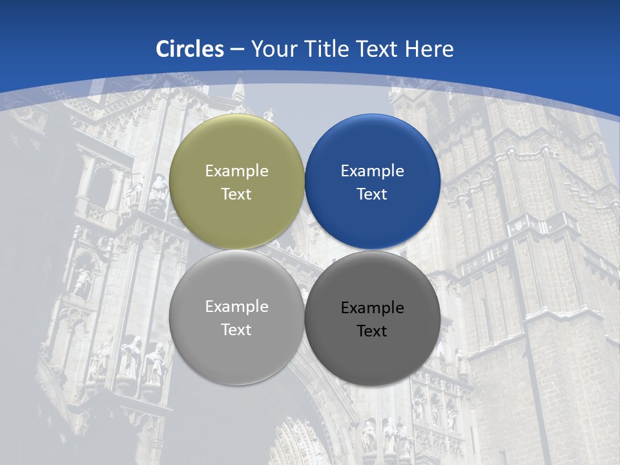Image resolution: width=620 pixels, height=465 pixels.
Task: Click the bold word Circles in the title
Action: coord(190,49)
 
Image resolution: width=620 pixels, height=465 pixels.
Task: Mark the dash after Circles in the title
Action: coord(237,50)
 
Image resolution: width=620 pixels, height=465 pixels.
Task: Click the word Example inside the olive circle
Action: coord(236,171)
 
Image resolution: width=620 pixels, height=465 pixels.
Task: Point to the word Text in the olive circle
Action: coord(236,194)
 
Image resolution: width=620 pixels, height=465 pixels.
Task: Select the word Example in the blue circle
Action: coord(373,171)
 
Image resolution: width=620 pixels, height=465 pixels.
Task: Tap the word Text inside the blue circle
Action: coord(373,194)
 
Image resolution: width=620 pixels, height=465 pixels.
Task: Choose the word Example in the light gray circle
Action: coord(236,307)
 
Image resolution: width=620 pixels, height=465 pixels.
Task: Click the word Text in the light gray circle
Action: coord(236,329)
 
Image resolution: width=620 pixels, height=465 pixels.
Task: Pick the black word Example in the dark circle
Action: coord(373,308)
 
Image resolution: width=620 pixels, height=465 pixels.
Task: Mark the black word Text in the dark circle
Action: coord(373,331)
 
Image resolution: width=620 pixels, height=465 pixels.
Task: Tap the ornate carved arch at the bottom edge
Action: coord(297,442)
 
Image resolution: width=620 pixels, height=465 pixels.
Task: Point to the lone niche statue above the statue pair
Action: coord(83,281)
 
